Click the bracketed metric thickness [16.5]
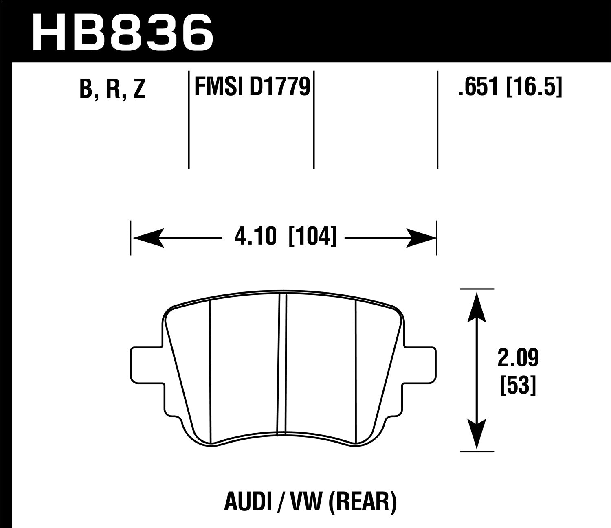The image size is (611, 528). point(534,87)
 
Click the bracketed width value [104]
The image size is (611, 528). point(312,237)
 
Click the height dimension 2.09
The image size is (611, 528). point(517,358)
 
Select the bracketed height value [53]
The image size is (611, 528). point(517,385)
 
